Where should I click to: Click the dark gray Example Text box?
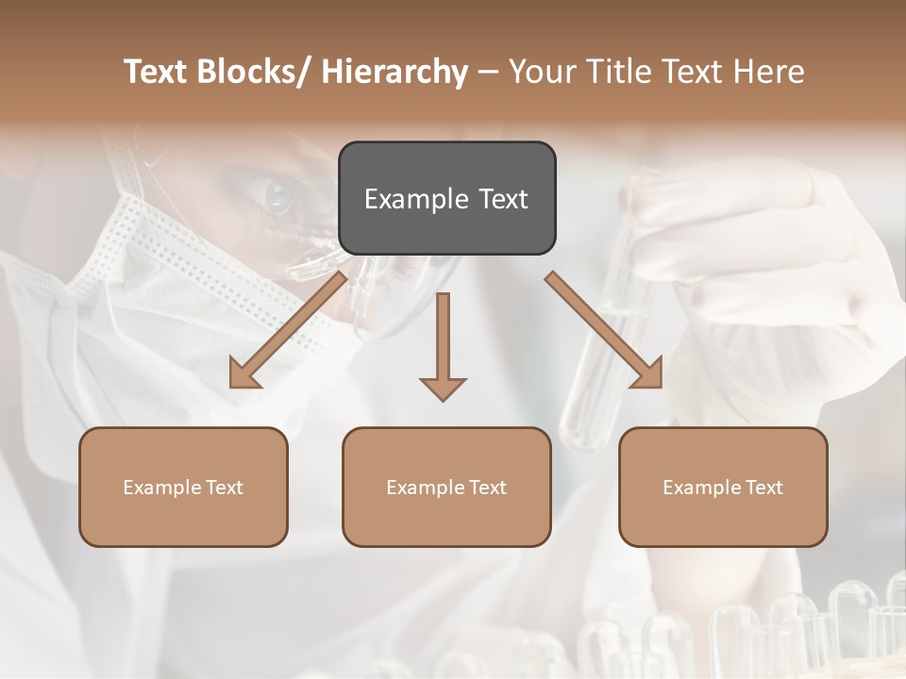(x=446, y=198)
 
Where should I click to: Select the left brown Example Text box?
(x=183, y=487)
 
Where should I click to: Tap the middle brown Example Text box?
(x=446, y=487)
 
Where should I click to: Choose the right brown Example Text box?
(x=723, y=487)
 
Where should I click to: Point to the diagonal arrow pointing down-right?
(x=604, y=330)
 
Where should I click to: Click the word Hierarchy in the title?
(x=394, y=72)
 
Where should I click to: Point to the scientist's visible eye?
(x=278, y=195)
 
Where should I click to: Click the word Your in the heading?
(x=545, y=72)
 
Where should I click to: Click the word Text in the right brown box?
(x=764, y=487)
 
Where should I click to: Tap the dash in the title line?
(x=488, y=72)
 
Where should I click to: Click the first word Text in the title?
(x=157, y=72)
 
